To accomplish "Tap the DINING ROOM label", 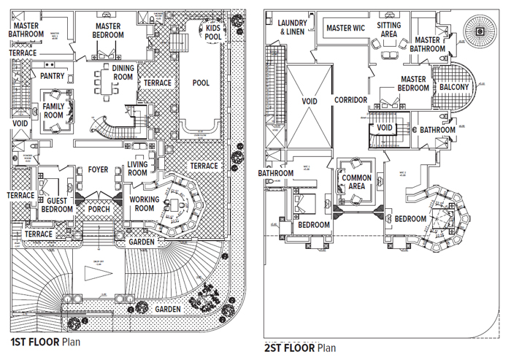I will pyautogui.click(x=123, y=72).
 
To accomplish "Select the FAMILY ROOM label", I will pyautogui.click(x=53, y=110).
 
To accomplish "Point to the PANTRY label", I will pyautogui.click(x=53, y=75).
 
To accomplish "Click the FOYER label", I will pyautogui.click(x=98, y=170).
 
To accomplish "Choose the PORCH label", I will pyautogui.click(x=99, y=209).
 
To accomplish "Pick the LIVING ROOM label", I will pyautogui.click(x=138, y=169).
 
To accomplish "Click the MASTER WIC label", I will pyautogui.click(x=346, y=28).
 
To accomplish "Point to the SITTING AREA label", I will pyautogui.click(x=388, y=30).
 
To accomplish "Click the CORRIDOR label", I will pyautogui.click(x=350, y=100).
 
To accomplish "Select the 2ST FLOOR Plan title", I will pyautogui.click(x=301, y=348).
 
